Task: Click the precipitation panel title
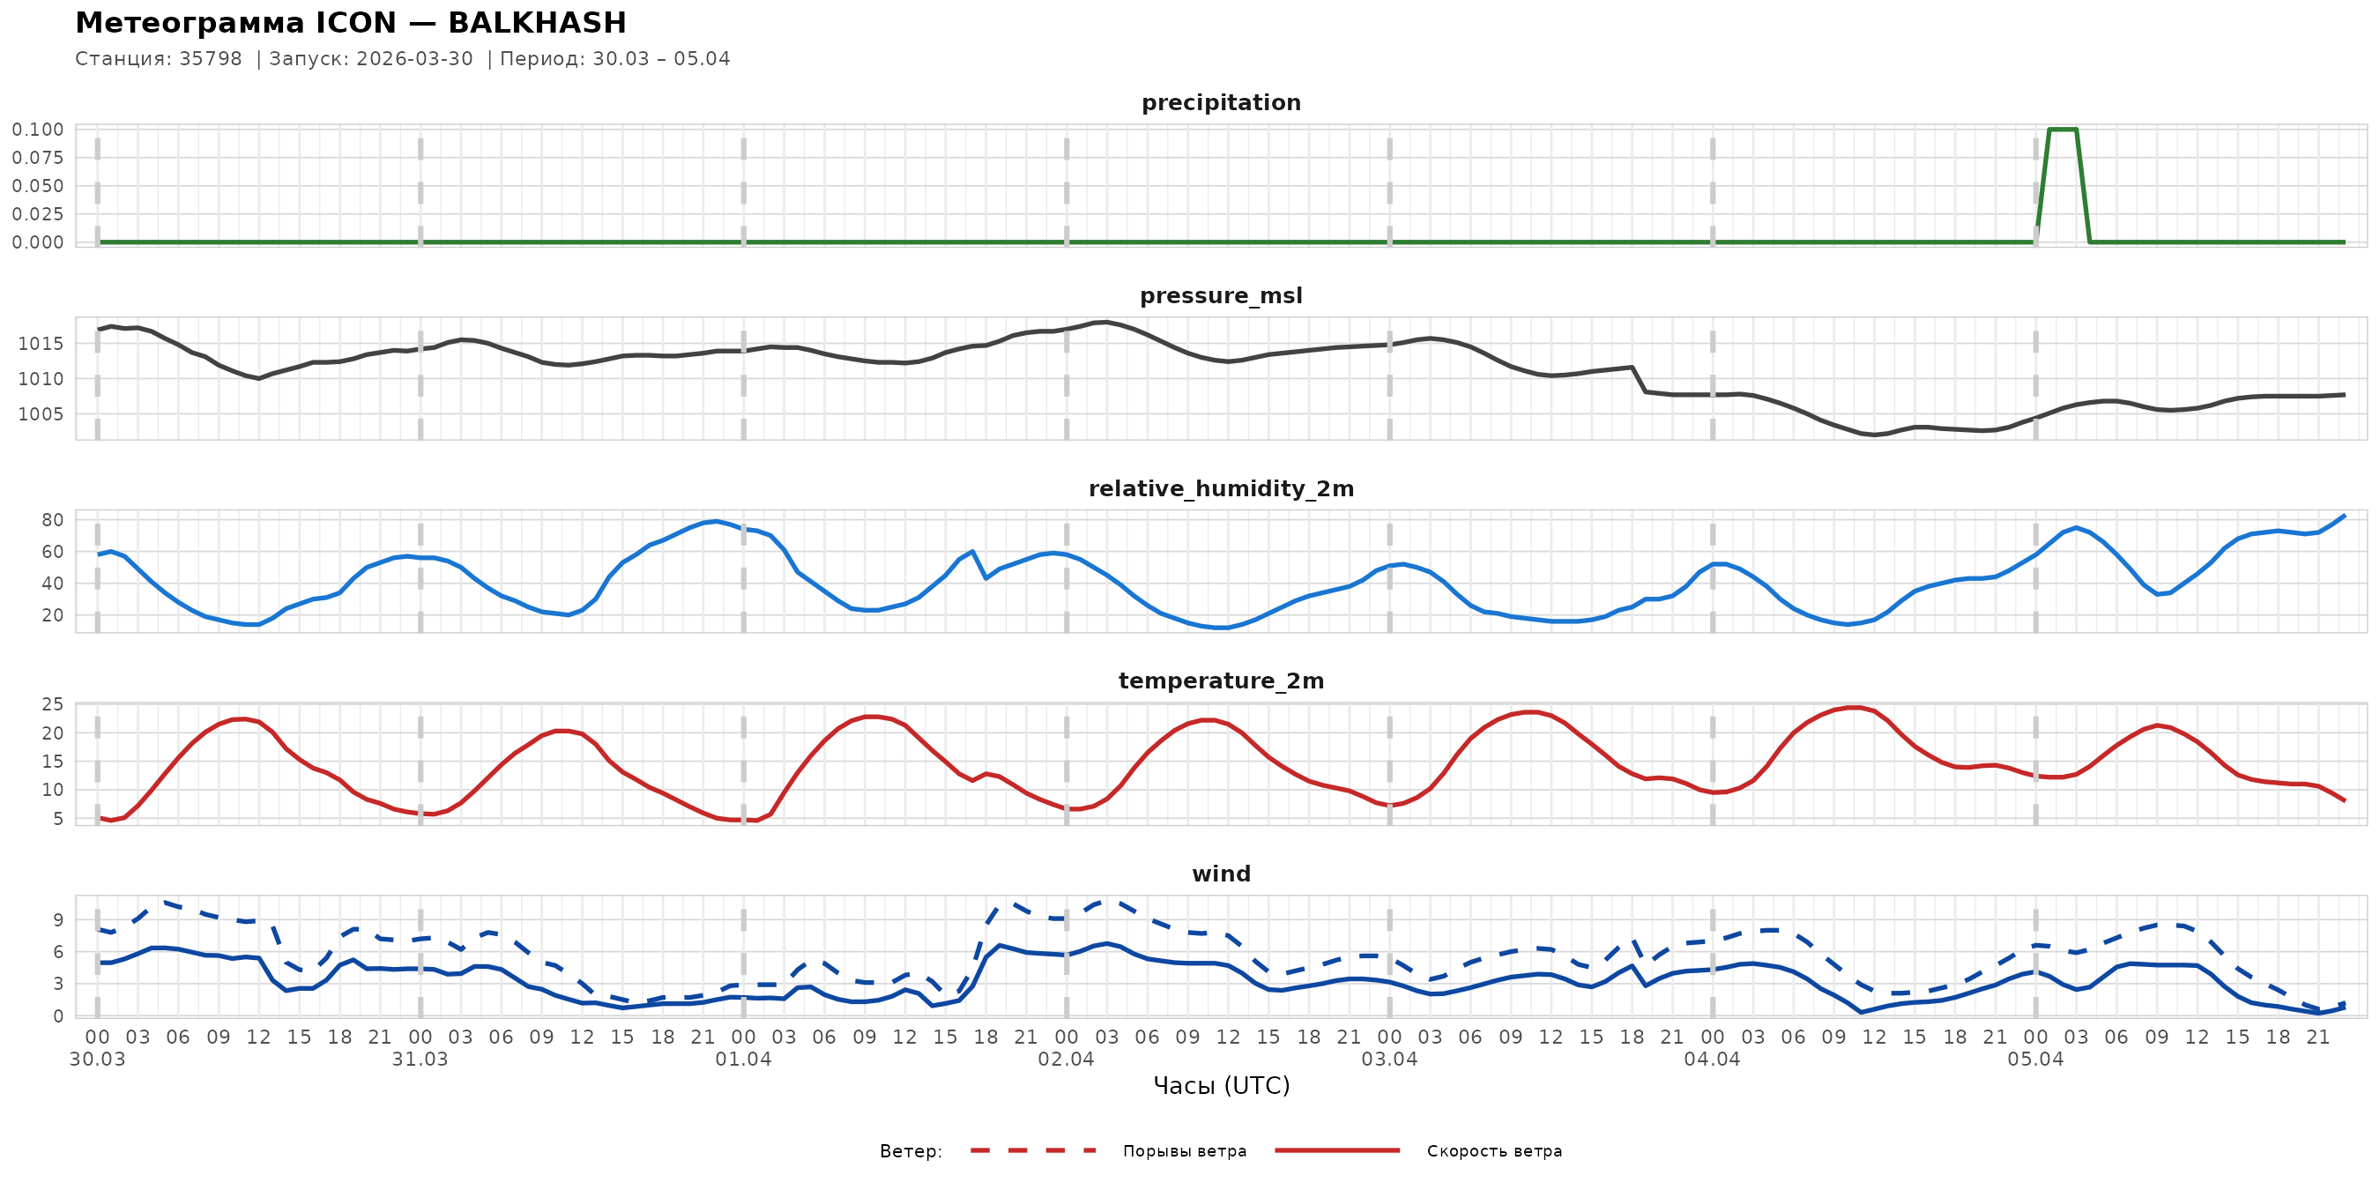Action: click(x=1221, y=102)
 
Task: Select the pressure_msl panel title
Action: click(x=1221, y=295)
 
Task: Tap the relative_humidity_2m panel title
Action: click(x=1221, y=488)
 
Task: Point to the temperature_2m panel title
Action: click(x=1221, y=681)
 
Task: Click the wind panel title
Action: click(x=1221, y=874)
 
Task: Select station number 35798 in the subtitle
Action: click(x=211, y=59)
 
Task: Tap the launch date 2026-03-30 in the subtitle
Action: click(x=415, y=59)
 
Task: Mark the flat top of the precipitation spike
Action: click(x=2062, y=130)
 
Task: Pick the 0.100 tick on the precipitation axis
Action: click(x=38, y=130)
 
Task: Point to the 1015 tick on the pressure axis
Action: click(x=41, y=344)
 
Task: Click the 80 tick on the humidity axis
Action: click(x=53, y=520)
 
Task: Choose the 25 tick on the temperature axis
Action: click(x=53, y=705)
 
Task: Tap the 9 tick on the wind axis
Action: click(x=58, y=920)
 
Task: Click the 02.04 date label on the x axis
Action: click(x=1066, y=1060)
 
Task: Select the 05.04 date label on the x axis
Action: click(x=2034, y=1060)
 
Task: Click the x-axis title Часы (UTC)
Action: click(x=1221, y=1086)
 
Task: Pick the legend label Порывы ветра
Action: click(x=1185, y=1151)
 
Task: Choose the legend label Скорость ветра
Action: click(x=1494, y=1151)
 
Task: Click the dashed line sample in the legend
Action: click(x=1033, y=1151)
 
